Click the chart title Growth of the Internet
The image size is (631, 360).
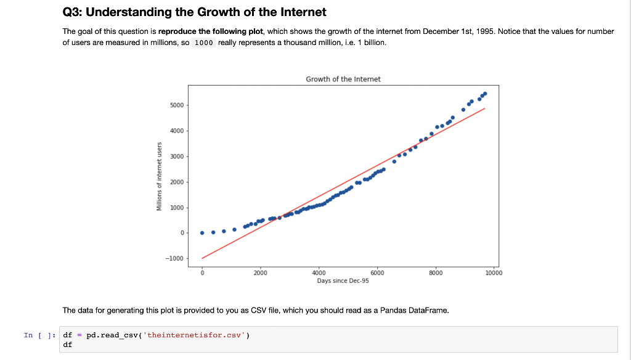click(x=343, y=79)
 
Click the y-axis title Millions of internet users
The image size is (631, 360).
click(x=159, y=177)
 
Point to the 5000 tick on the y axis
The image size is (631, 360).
click(x=176, y=105)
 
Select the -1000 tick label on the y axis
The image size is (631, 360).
click(x=175, y=258)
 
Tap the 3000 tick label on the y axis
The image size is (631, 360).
click(x=176, y=157)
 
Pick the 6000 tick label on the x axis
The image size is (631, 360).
click(x=377, y=272)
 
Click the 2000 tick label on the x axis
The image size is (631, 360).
click(x=261, y=272)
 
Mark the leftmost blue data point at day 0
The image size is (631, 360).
click(x=202, y=232)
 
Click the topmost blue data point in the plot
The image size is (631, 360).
click(x=485, y=94)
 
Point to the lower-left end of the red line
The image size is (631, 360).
click(x=203, y=258)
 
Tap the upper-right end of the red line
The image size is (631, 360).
click(x=484, y=109)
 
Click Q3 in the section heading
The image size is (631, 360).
click(x=71, y=12)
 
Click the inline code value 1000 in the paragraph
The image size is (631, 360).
click(x=204, y=43)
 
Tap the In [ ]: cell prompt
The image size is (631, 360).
click(x=39, y=335)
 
